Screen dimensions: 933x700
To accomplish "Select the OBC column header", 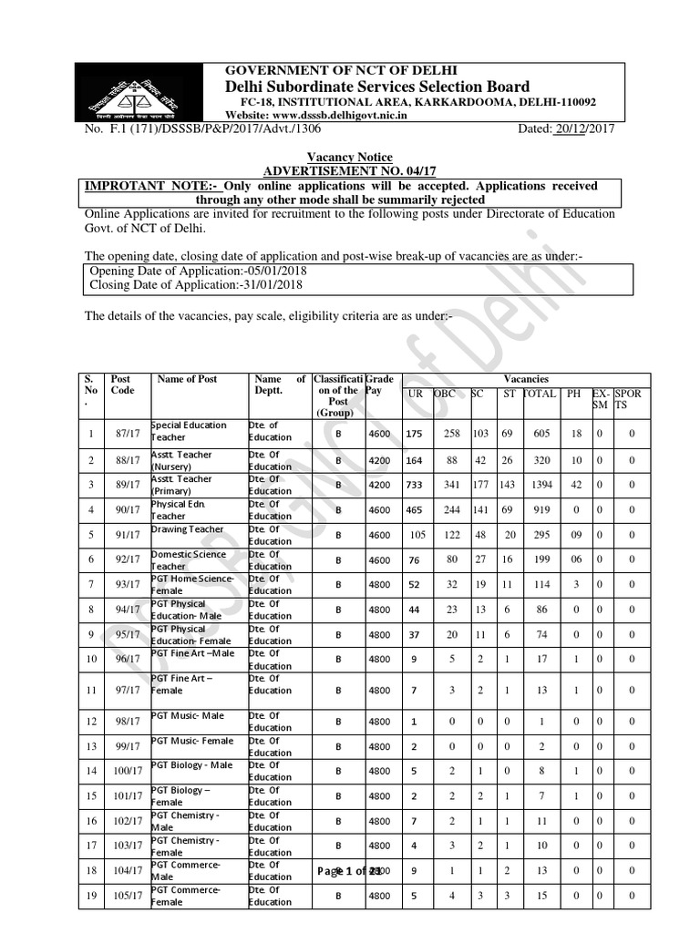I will tap(444, 393).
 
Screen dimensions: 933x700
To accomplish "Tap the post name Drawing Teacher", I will tap(187, 528).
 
